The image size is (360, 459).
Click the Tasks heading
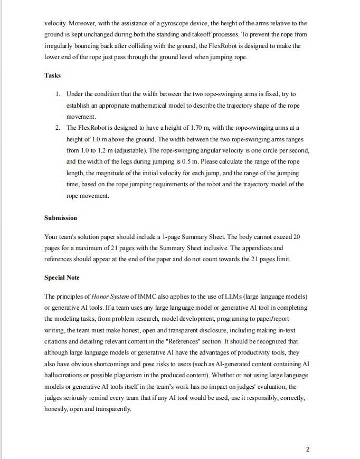coord(52,75)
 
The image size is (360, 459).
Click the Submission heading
coord(61,218)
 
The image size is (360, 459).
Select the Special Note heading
coord(62,278)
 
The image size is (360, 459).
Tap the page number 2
coord(308,450)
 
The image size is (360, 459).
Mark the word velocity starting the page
coord(55,23)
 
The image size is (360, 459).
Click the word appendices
coord(257,247)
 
